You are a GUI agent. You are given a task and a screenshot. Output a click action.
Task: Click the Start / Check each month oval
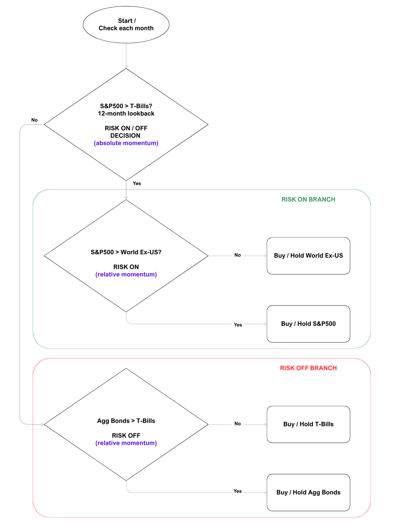[126, 25]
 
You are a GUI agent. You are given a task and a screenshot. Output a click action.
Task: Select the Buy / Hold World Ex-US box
[308, 256]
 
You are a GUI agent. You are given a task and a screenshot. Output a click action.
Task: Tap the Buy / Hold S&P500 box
[308, 324]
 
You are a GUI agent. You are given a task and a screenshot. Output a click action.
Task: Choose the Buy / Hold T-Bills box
[308, 424]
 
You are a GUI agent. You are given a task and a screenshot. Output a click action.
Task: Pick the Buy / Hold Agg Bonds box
[308, 492]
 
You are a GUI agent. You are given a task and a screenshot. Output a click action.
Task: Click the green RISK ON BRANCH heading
[308, 200]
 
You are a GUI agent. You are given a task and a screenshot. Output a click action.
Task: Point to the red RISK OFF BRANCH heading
[308, 368]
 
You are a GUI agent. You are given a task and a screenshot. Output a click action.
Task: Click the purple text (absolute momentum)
[126, 143]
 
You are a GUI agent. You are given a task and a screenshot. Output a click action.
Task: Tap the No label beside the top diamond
[34, 120]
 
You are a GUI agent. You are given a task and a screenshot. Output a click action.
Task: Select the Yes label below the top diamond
[137, 183]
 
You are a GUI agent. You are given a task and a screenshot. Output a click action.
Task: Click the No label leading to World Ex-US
[237, 255]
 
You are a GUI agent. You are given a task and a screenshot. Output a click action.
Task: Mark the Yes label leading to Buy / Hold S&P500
[238, 325]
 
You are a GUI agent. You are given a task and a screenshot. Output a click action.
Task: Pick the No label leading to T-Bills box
[237, 424]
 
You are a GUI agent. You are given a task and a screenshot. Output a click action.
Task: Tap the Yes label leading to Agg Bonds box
[237, 491]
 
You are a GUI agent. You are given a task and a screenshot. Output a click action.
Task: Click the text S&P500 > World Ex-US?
[126, 252]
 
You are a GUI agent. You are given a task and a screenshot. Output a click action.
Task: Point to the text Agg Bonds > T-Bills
[126, 421]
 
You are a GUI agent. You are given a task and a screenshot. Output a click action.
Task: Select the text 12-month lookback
[126, 114]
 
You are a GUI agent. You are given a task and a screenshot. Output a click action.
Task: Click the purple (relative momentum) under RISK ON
[126, 274]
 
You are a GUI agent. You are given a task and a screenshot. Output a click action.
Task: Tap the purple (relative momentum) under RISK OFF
[126, 443]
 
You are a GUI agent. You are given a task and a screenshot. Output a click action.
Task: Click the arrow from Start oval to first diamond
[126, 56]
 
